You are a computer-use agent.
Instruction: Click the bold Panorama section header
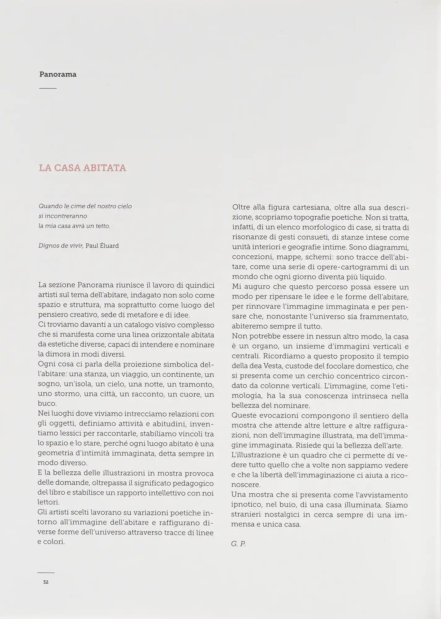tap(58, 75)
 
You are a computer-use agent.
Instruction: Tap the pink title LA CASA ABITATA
tap(83, 168)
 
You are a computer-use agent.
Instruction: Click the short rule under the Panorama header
tap(48, 89)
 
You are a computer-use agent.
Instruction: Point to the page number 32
tap(46, 582)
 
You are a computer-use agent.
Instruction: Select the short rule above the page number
tap(46, 573)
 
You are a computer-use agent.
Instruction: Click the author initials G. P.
tap(238, 544)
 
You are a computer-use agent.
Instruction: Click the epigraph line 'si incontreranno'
tap(63, 216)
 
